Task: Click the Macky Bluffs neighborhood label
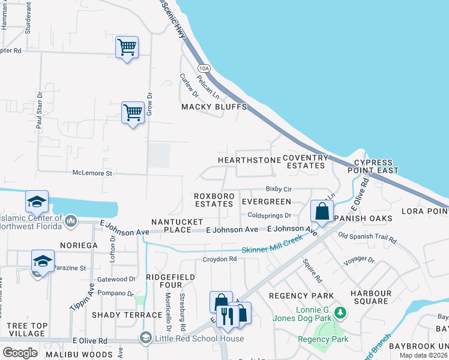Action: point(214,107)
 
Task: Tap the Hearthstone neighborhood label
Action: point(249,160)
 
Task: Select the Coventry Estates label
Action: point(306,161)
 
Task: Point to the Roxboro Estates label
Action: point(213,200)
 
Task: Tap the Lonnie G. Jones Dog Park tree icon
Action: point(341,313)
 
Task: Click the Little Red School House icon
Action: point(145,338)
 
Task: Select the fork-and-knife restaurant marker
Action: point(226,314)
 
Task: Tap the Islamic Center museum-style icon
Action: point(70,221)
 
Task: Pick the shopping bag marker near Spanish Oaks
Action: point(322,211)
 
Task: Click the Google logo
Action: point(20,352)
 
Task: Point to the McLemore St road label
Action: point(92,173)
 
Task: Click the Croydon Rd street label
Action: point(220,259)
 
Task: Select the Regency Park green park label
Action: point(322,340)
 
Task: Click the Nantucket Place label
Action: point(177,226)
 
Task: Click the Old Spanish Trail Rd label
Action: point(367,238)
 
